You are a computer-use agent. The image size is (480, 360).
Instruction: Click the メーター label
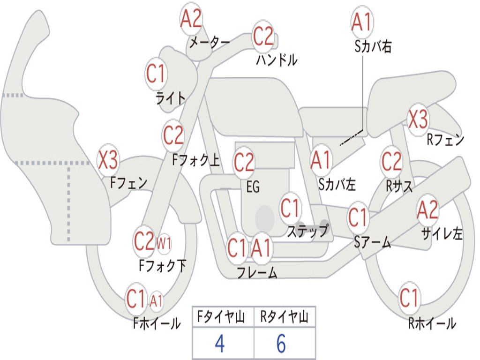(x=210, y=43)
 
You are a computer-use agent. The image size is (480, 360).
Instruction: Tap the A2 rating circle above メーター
(x=191, y=19)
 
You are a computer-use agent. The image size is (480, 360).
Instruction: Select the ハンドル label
(x=277, y=60)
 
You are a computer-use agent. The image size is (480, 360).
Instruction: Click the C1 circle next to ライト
(x=156, y=74)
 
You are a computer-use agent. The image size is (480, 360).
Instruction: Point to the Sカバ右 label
(x=373, y=46)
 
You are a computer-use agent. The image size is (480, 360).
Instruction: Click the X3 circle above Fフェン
(x=108, y=159)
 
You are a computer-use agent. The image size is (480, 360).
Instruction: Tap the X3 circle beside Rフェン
(x=418, y=119)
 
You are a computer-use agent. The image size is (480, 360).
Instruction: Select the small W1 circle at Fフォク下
(x=164, y=244)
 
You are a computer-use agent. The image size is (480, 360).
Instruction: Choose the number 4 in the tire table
(x=220, y=344)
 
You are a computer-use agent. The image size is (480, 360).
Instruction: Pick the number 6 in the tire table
(x=281, y=344)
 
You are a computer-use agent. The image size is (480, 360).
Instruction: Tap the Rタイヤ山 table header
(x=285, y=317)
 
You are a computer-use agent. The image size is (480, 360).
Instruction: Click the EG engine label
(x=253, y=187)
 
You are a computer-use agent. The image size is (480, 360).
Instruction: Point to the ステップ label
(x=308, y=231)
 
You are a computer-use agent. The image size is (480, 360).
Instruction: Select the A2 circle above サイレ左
(x=427, y=210)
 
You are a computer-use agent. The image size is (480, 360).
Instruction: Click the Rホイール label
(x=432, y=323)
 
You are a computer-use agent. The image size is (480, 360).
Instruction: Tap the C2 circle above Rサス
(x=391, y=161)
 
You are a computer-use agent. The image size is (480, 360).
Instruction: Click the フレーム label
(x=257, y=272)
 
